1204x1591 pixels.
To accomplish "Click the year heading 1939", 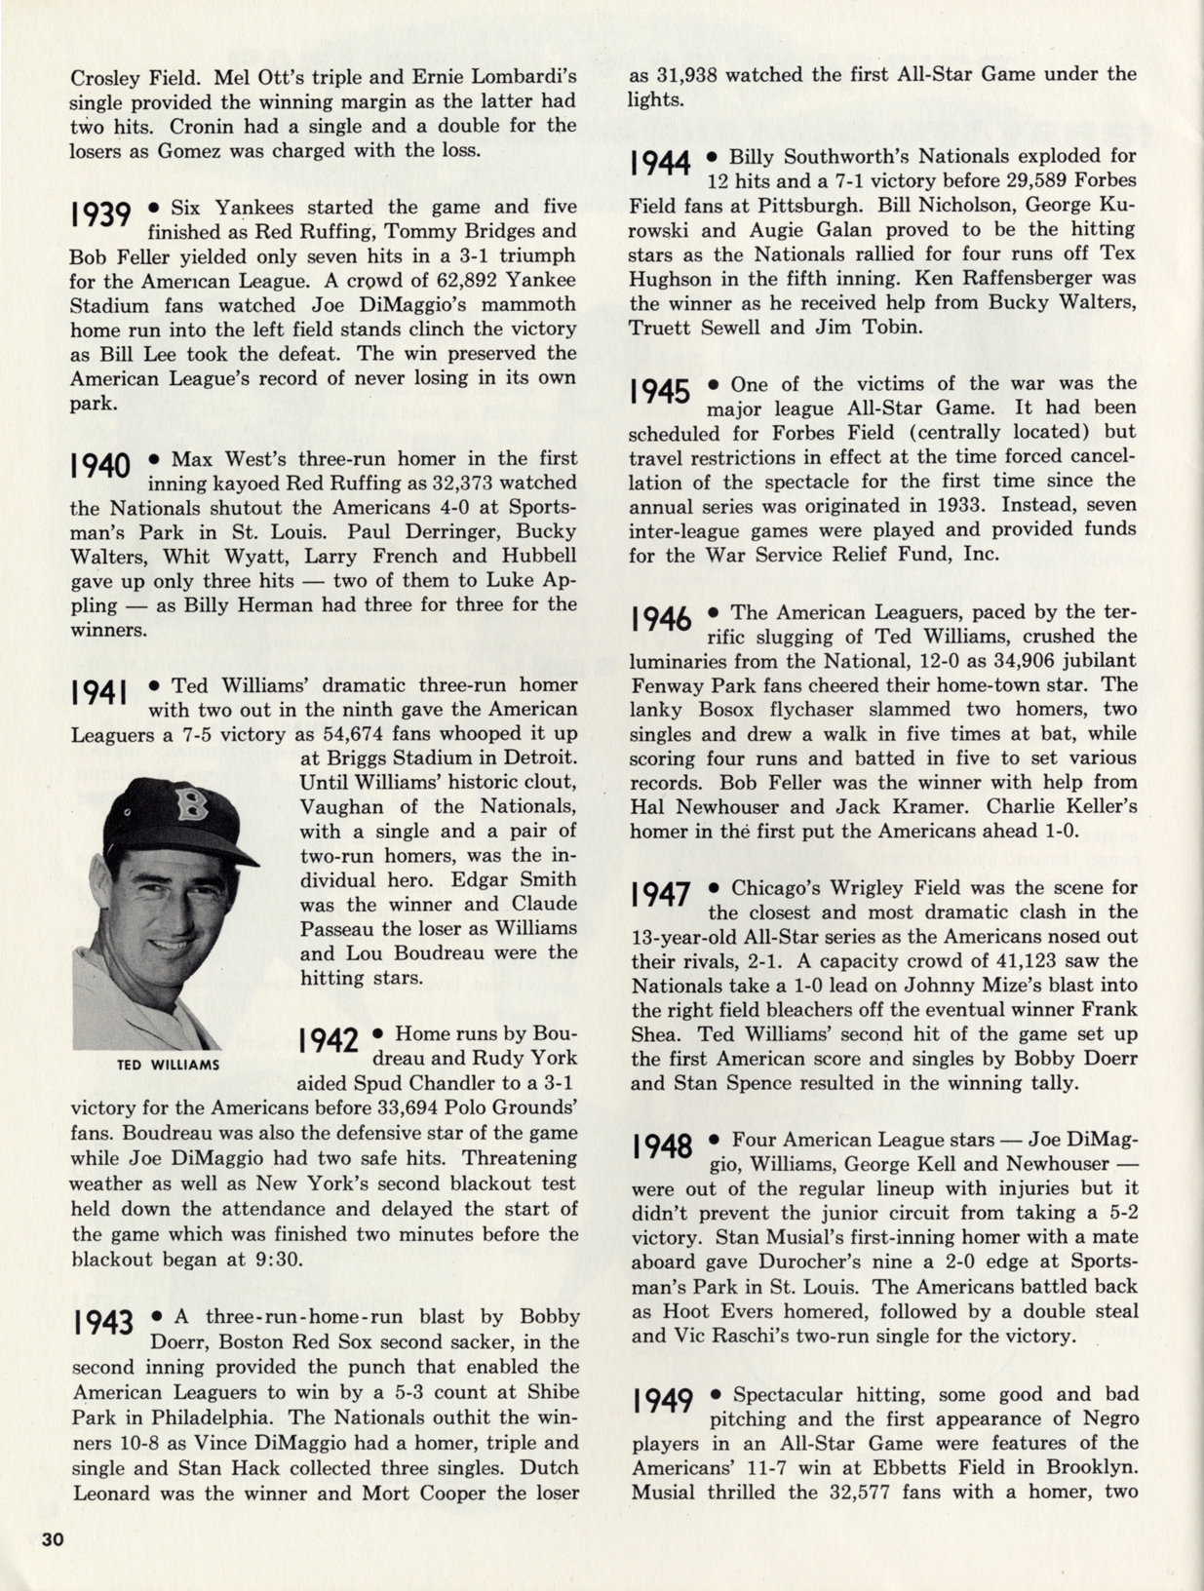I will [x=101, y=215].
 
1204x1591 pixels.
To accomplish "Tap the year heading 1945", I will [x=660, y=392].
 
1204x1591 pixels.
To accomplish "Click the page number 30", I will [x=53, y=1539].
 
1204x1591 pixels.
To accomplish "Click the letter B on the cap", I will [x=190, y=804].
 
